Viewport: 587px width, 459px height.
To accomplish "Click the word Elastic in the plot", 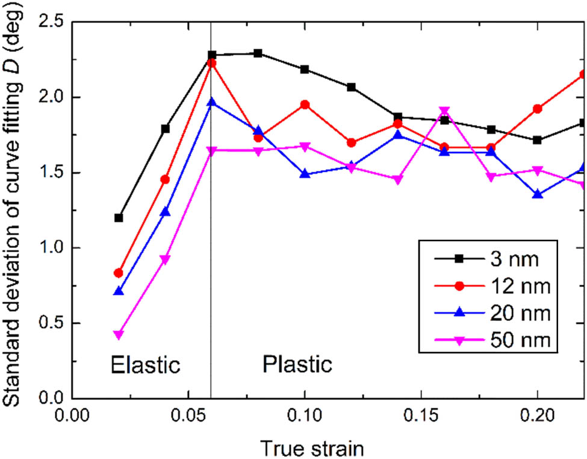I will click(x=145, y=365).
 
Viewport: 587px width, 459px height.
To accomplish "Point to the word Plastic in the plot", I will click(x=297, y=365).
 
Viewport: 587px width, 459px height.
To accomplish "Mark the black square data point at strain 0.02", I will click(x=119, y=218).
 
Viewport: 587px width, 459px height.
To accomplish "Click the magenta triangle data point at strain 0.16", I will click(x=445, y=111).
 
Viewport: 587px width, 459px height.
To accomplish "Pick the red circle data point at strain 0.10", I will click(x=305, y=105).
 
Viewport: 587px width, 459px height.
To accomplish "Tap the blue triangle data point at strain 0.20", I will click(x=538, y=194).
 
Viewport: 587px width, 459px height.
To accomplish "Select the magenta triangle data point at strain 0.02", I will click(x=119, y=334).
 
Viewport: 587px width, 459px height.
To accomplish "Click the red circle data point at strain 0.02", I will click(x=119, y=273).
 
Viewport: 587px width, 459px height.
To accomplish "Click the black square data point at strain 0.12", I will click(x=352, y=87).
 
